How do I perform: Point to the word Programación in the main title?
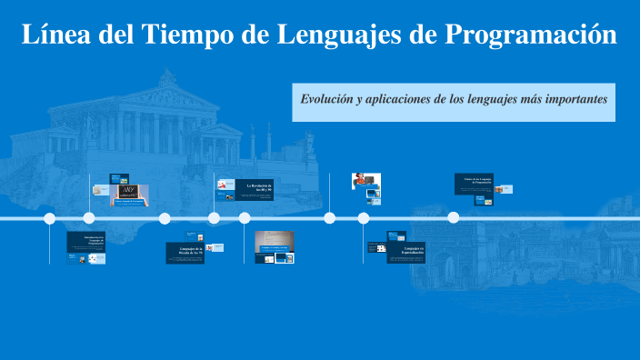532,35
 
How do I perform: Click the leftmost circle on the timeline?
50,218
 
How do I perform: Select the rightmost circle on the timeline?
454,217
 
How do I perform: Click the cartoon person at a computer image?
365,182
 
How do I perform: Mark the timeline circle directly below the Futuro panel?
454,217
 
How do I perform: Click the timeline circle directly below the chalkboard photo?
89,218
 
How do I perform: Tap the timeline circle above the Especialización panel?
364,218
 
